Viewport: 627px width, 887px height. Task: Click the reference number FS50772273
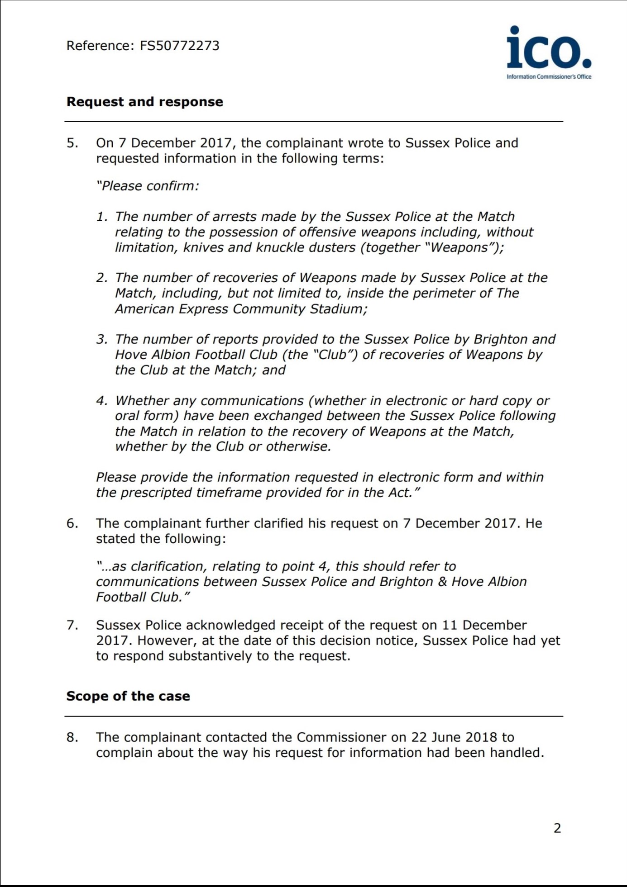pos(179,46)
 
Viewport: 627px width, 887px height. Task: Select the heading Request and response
pos(144,102)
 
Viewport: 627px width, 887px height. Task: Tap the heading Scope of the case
pos(128,696)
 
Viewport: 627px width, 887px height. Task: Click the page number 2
pos(557,828)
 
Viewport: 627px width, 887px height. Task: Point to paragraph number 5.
pos(72,143)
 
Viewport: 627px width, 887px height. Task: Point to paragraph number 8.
pos(72,737)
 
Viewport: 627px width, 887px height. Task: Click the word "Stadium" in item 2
pos(338,309)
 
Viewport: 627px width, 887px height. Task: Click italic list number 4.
pos(102,401)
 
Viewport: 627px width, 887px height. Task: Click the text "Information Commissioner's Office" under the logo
pos(549,77)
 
